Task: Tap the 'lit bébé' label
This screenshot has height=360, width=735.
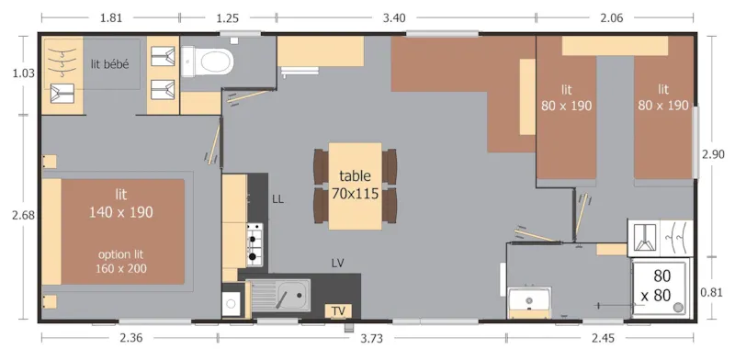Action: click(x=109, y=63)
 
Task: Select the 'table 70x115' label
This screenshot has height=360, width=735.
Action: click(x=355, y=184)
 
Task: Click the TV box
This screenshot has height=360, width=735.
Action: click(x=339, y=310)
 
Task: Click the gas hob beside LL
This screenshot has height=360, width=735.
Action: click(x=254, y=243)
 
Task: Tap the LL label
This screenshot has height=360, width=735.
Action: click(x=279, y=198)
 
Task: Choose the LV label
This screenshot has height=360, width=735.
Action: click(x=338, y=263)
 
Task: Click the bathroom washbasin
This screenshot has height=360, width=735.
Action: click(x=528, y=303)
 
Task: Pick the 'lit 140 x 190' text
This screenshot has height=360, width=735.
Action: click(x=121, y=203)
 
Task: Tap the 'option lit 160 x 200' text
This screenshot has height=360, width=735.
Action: click(x=121, y=261)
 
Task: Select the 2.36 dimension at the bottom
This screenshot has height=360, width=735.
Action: click(x=131, y=339)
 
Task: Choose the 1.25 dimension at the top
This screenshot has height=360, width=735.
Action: click(x=227, y=16)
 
